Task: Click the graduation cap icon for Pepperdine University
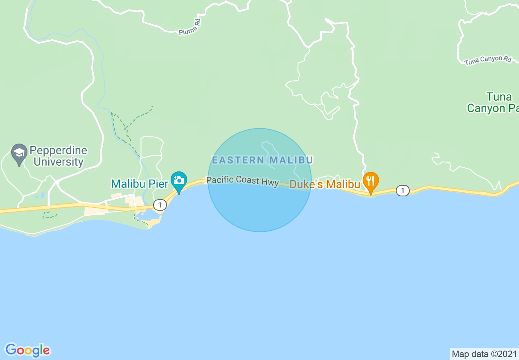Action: [19, 153]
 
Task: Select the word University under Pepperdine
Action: [59, 162]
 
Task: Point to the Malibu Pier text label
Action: [140, 184]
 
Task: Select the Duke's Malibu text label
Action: [325, 184]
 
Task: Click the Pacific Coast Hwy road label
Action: [242, 181]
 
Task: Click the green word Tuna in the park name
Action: [499, 97]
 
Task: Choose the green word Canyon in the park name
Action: [486, 108]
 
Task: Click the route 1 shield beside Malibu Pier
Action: [160, 204]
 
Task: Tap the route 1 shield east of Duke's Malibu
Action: [403, 190]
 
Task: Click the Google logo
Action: [28, 350]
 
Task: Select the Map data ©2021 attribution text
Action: [484, 354]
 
